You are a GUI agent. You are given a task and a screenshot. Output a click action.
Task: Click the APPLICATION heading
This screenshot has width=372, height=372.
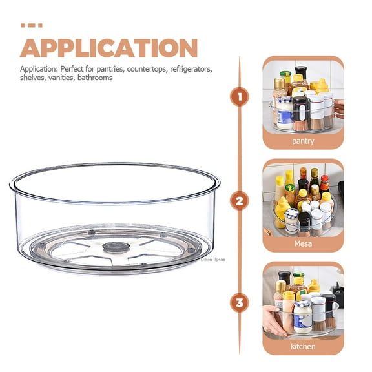[x=108, y=48]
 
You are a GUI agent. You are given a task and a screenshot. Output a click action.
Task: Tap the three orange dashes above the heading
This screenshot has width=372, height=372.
[x=31, y=26]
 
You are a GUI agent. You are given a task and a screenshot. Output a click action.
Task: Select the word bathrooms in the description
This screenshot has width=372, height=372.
[x=95, y=77]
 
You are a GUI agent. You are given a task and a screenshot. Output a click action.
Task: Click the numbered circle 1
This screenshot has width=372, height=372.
[x=240, y=98]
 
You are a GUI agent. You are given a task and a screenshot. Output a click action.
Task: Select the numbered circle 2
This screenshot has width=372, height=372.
[x=240, y=201]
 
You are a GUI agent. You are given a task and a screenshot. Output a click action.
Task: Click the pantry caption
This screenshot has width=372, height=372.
[x=303, y=141]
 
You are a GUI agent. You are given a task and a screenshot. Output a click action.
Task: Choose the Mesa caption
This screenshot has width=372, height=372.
[x=303, y=244]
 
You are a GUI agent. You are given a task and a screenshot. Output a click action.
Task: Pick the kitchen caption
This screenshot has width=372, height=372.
[x=303, y=347]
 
